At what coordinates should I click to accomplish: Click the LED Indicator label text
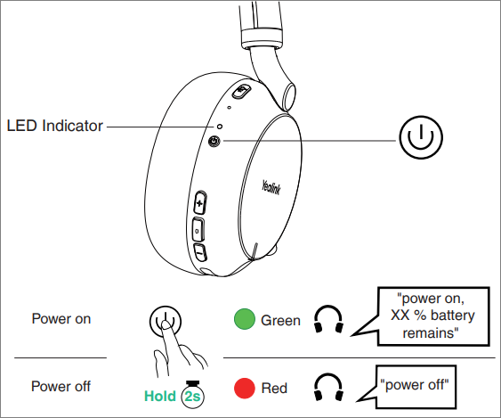pyautogui.click(x=54, y=126)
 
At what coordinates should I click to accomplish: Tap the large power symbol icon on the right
pyautogui.click(x=421, y=137)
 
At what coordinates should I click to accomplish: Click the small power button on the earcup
pyautogui.click(x=214, y=141)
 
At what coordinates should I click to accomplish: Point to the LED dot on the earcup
pyautogui.click(x=220, y=127)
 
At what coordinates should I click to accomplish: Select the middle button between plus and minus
pyautogui.click(x=198, y=230)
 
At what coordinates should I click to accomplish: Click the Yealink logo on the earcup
pyautogui.click(x=271, y=187)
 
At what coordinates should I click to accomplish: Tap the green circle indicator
pyautogui.click(x=245, y=319)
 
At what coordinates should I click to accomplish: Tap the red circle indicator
pyautogui.click(x=245, y=389)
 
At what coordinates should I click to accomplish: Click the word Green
pyautogui.click(x=280, y=320)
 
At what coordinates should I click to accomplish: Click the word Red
pyautogui.click(x=274, y=388)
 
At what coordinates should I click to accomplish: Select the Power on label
pyautogui.click(x=61, y=319)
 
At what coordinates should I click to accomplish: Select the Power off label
pyautogui.click(x=61, y=386)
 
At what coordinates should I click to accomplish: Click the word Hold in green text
pyautogui.click(x=160, y=396)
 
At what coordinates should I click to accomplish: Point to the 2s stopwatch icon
pyautogui.click(x=193, y=395)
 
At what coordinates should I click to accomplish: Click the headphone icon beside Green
pyautogui.click(x=328, y=319)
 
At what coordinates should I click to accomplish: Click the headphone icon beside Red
pyautogui.click(x=328, y=387)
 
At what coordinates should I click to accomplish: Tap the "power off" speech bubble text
pyautogui.click(x=415, y=385)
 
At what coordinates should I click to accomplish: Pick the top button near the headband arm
pyautogui.click(x=240, y=91)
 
